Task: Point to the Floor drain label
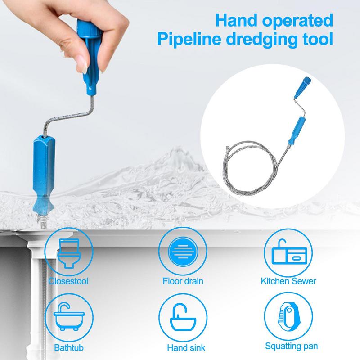click(182, 282)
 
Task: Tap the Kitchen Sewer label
click(288, 282)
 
